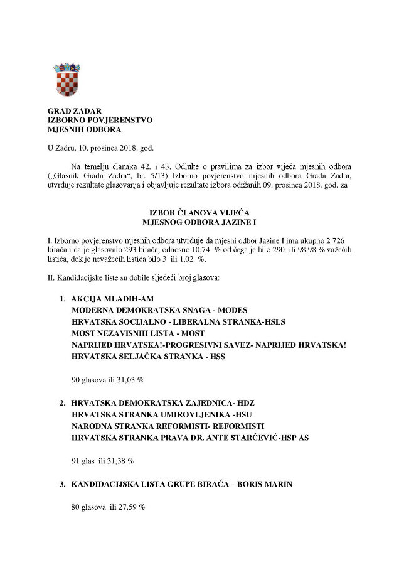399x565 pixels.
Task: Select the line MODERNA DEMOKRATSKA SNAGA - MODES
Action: click(x=159, y=310)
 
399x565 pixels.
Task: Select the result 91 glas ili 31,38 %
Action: click(x=102, y=460)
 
